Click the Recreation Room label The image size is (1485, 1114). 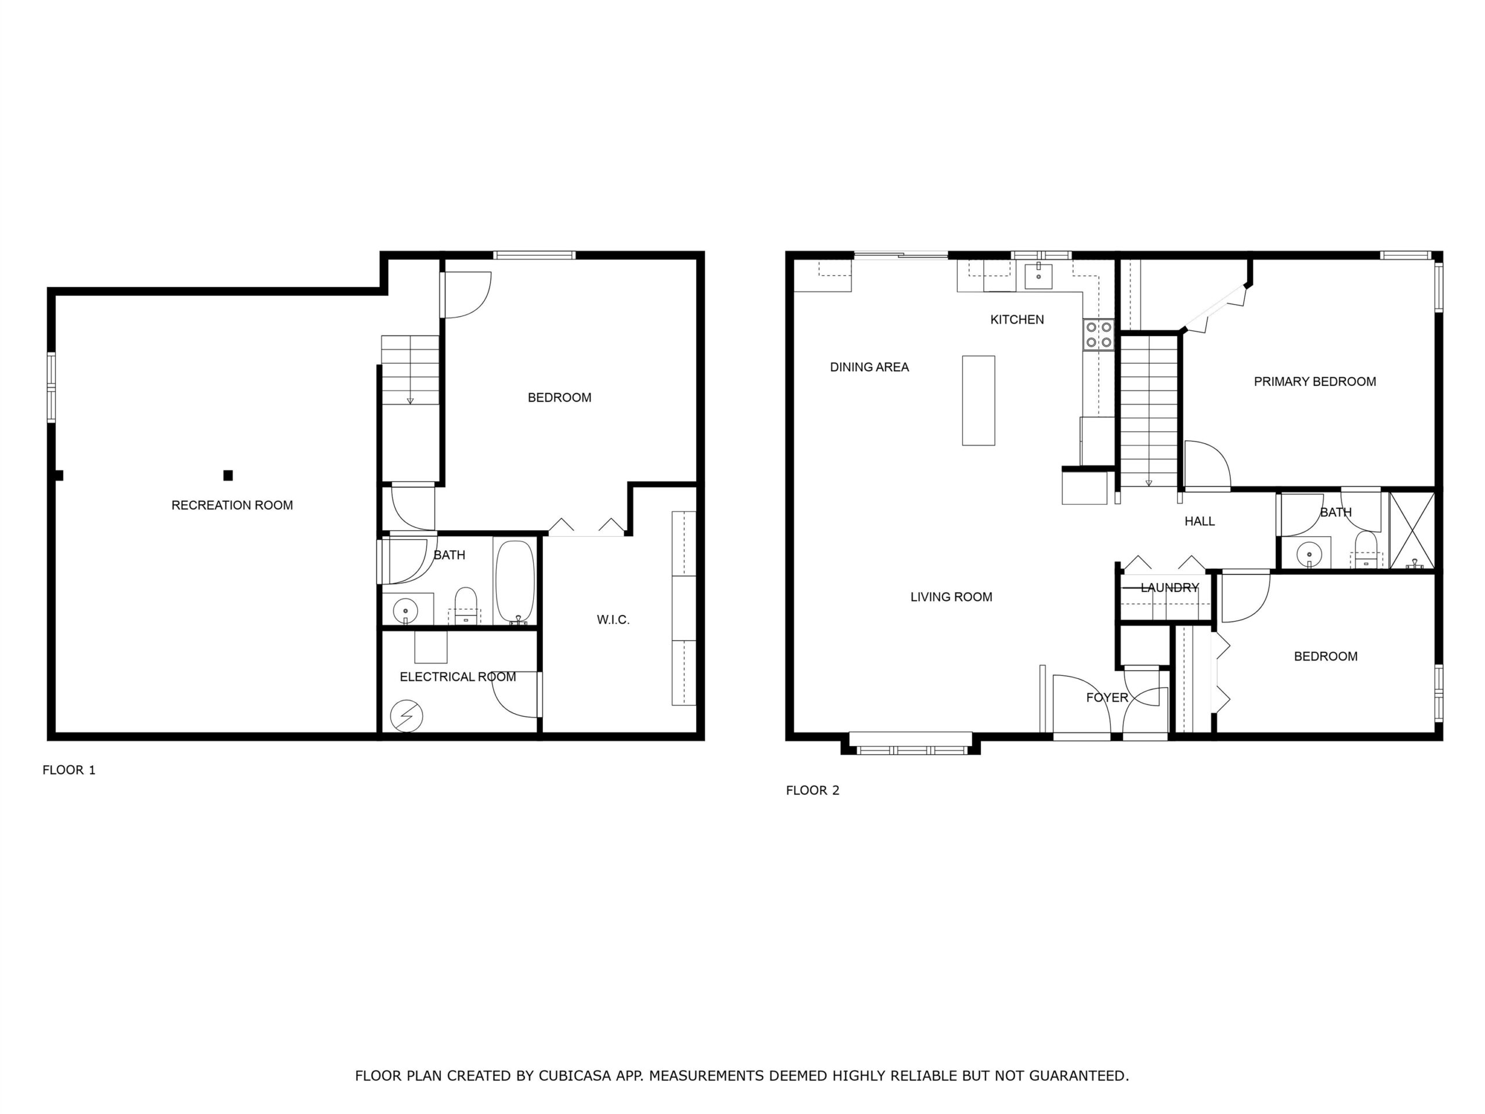(232, 505)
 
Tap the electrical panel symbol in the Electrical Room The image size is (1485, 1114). (406, 716)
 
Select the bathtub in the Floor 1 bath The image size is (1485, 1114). (515, 581)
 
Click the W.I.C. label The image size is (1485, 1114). (613, 620)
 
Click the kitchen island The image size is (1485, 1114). (978, 400)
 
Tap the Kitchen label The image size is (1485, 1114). (1017, 320)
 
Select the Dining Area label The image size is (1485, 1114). (870, 367)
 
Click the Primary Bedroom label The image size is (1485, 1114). (1314, 381)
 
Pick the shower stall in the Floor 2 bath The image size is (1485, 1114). (1412, 530)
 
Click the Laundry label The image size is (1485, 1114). (1169, 588)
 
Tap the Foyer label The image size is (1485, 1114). (1107, 697)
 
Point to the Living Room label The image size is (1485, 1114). (951, 597)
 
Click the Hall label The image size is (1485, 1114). (1199, 521)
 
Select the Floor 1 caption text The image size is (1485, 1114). (69, 770)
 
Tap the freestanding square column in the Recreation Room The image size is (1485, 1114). (228, 475)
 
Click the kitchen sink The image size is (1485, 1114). (1038, 276)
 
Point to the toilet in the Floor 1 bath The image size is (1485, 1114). (465, 606)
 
